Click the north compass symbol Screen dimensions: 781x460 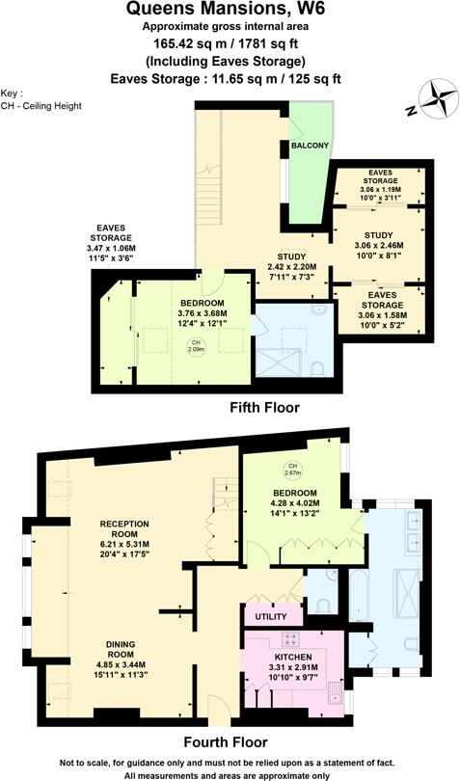click(439, 98)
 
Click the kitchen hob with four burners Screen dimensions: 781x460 click(288, 640)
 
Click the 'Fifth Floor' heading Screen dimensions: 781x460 click(263, 408)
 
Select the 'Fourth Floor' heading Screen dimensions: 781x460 click(225, 742)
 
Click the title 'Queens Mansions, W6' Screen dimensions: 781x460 click(230, 10)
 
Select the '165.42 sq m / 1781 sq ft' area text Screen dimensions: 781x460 click(230, 43)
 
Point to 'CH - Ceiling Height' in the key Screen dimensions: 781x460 click(41, 105)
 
